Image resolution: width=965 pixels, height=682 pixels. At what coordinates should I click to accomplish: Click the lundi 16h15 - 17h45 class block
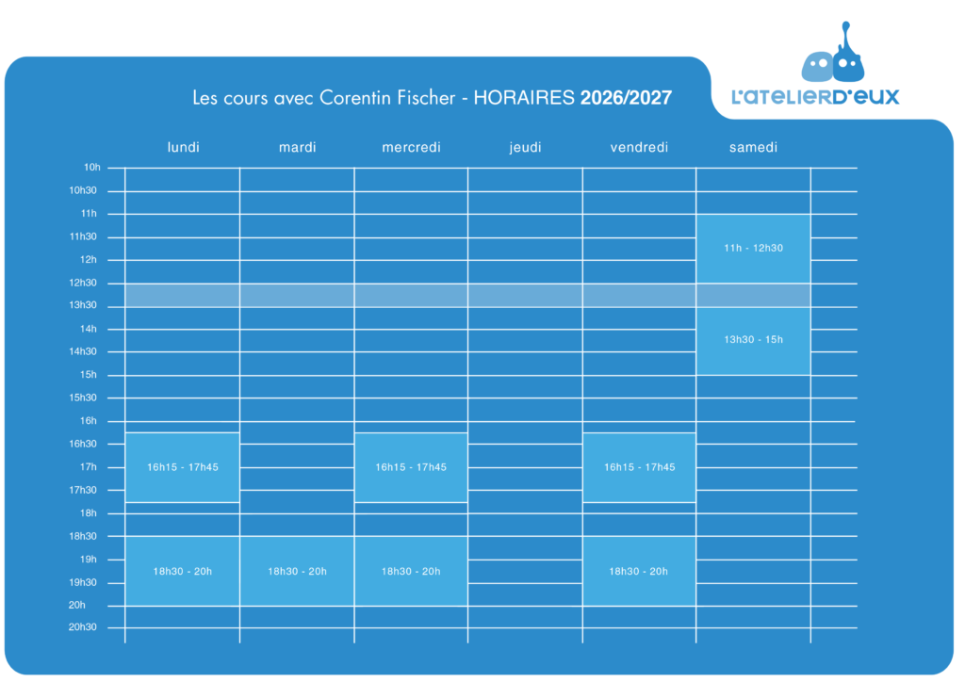(182, 467)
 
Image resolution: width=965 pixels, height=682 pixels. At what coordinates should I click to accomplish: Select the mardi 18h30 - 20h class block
(297, 571)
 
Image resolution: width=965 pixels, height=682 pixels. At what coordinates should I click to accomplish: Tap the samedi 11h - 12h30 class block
(753, 249)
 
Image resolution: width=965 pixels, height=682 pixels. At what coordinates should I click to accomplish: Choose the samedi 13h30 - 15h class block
(753, 340)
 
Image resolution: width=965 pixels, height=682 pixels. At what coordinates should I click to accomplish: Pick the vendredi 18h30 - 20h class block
(640, 571)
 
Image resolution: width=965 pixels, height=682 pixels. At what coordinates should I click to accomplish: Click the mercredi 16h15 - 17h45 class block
(411, 467)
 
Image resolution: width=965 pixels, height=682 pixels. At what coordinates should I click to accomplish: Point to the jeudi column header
(525, 148)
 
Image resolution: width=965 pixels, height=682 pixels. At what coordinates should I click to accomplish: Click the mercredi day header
(411, 148)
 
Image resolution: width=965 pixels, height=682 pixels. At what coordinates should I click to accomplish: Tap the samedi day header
(753, 148)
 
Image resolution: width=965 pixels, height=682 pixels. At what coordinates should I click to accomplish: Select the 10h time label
(91, 168)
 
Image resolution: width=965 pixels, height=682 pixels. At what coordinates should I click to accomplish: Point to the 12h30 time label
(83, 283)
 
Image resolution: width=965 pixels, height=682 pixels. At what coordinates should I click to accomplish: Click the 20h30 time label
(83, 627)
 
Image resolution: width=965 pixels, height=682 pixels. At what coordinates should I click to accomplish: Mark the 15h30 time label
(83, 398)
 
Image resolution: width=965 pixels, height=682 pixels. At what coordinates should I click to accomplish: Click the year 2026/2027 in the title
(626, 98)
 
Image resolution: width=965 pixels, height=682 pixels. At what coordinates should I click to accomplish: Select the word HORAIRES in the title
(524, 98)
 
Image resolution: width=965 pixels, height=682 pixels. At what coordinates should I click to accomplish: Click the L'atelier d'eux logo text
(815, 96)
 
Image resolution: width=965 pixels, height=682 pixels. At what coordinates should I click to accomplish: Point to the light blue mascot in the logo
(817, 67)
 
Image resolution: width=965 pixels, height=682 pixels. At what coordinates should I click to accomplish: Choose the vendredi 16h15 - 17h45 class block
(640, 467)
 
